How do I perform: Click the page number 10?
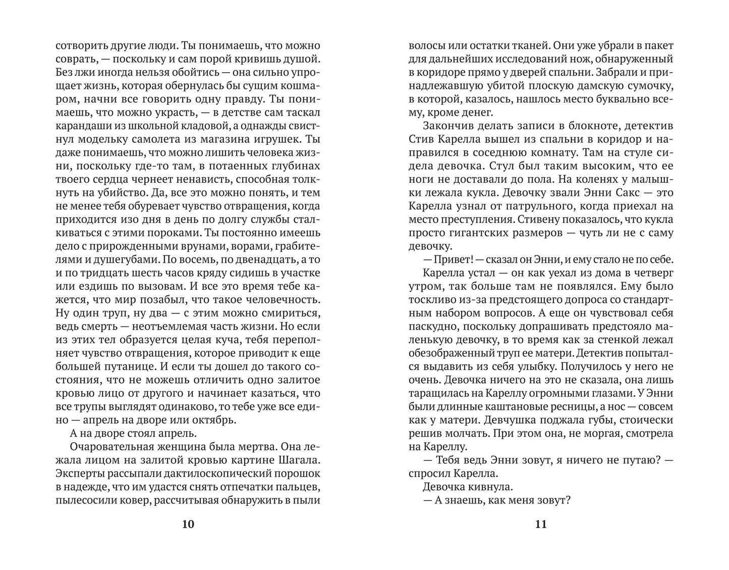[187, 524]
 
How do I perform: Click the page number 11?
[540, 524]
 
